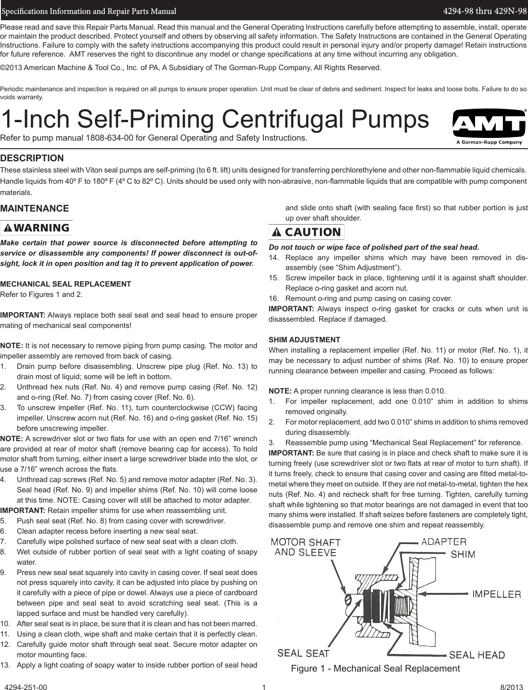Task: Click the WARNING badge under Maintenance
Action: coord(36,227)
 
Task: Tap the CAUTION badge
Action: coord(306,232)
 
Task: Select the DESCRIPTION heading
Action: coord(32,158)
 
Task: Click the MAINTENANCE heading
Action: coord(35,208)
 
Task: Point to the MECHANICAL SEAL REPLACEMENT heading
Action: coord(66,284)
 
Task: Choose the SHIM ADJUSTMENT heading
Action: coord(304,339)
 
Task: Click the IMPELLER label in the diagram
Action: coord(496,594)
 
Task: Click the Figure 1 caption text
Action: coord(375,668)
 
